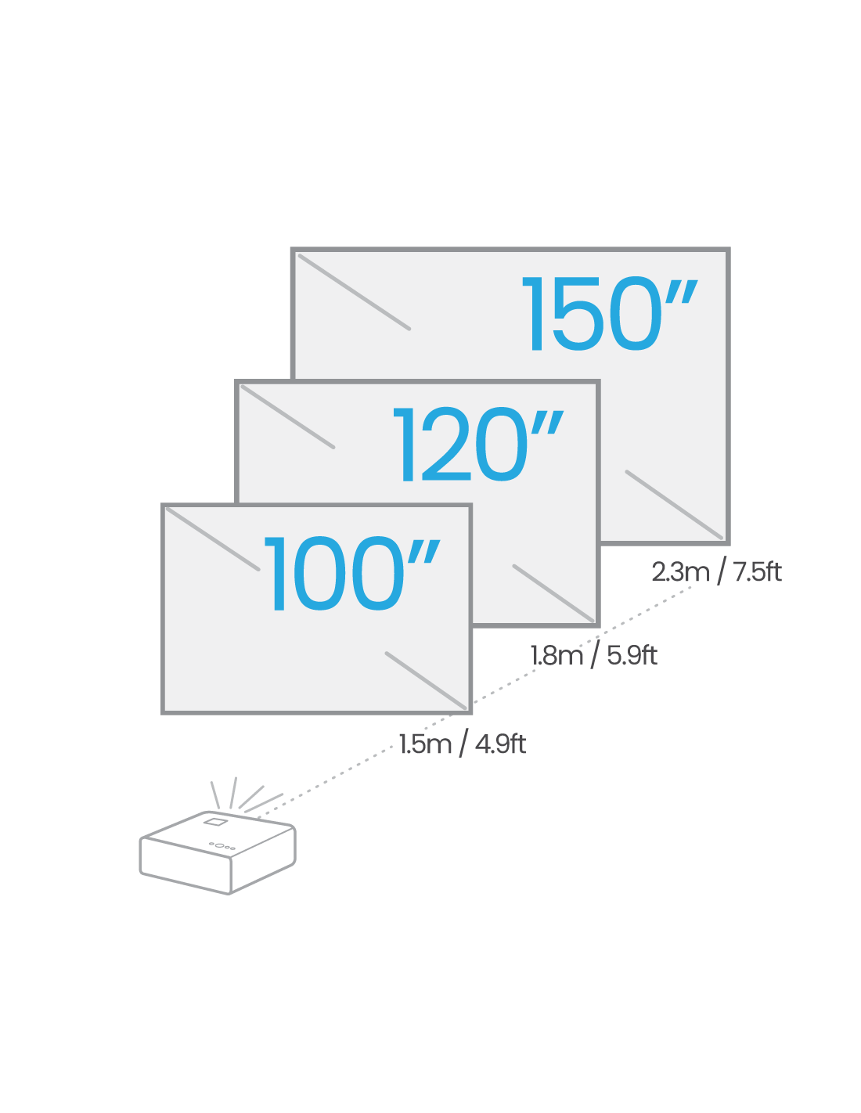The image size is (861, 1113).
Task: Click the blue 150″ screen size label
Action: click(610, 313)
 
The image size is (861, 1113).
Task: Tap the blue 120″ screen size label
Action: click(478, 444)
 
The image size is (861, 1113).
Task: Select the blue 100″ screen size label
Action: click(351, 573)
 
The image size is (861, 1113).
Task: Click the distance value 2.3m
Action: click(680, 572)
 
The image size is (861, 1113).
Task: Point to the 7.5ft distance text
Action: click(757, 571)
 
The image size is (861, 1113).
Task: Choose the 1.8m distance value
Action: click(557, 656)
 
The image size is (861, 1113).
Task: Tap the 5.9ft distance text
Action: click(632, 655)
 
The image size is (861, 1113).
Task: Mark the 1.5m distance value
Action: click(425, 744)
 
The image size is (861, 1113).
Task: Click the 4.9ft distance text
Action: click(500, 744)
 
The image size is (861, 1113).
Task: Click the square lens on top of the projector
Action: click(215, 822)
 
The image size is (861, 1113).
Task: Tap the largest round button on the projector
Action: click(219, 845)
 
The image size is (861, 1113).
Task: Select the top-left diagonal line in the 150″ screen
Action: click(354, 292)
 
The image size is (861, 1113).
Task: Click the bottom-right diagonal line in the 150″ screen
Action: click(674, 505)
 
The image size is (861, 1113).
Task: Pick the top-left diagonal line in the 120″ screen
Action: click(288, 417)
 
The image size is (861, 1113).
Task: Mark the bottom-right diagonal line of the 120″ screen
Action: click(553, 593)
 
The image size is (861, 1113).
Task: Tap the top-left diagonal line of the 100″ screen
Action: click(213, 538)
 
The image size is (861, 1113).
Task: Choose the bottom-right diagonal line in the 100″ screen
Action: click(426, 681)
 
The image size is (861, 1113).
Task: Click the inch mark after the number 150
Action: click(682, 291)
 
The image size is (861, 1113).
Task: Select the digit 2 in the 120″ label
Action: click(446, 444)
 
